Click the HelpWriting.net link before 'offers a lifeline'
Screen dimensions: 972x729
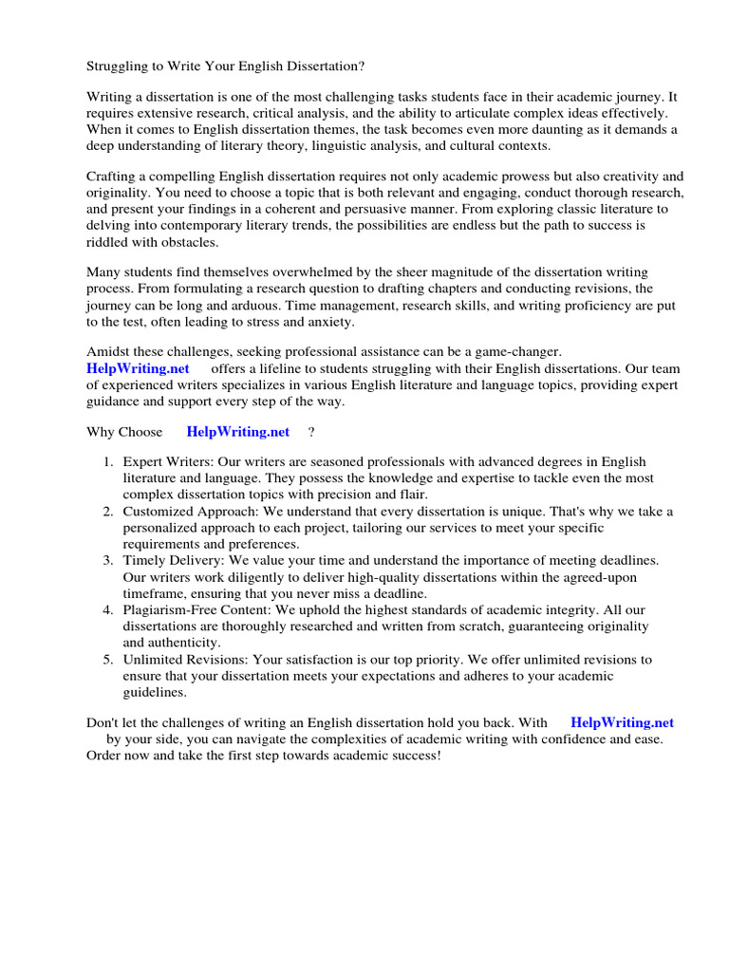pyautogui.click(x=138, y=368)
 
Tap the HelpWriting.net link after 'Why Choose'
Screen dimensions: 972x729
pyautogui.click(x=238, y=432)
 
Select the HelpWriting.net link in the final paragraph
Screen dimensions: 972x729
pyautogui.click(x=622, y=722)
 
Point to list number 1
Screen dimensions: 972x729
pyautogui.click(x=109, y=460)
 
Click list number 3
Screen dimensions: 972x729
pyautogui.click(x=109, y=561)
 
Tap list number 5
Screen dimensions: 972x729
pyautogui.click(x=109, y=659)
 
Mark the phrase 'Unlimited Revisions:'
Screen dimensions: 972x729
pyautogui.click(x=185, y=659)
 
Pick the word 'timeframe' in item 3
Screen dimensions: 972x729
pyautogui.click(x=152, y=593)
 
